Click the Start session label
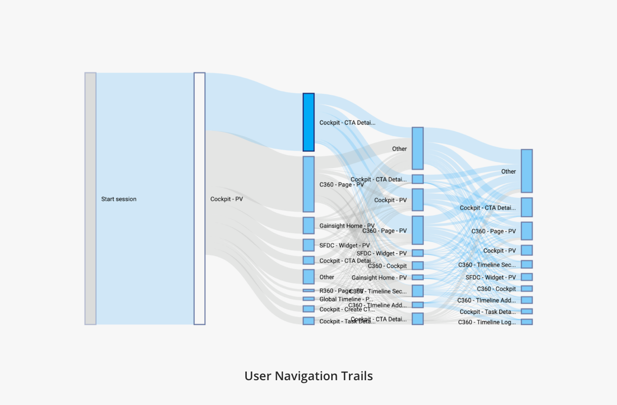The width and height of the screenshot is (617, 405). point(119,199)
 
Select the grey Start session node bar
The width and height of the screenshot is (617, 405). point(90,198)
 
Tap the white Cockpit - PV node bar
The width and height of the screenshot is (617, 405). point(199,198)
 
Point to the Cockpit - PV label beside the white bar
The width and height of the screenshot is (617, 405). point(227,199)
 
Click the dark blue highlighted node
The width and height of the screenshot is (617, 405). point(308,122)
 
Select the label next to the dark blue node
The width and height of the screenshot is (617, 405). point(347,123)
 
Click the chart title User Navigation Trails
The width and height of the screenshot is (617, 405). point(308,376)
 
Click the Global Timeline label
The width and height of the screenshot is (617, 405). point(346,299)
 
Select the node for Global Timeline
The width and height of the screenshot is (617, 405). point(308,299)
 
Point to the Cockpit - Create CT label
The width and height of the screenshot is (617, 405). point(347,309)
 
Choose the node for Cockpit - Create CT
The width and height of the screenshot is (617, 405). point(308,309)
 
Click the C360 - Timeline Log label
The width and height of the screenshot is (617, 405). point(487,322)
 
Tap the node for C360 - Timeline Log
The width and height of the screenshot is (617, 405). point(526,322)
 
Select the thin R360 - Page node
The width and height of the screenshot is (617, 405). point(308,291)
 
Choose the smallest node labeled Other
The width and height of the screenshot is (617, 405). point(308,276)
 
